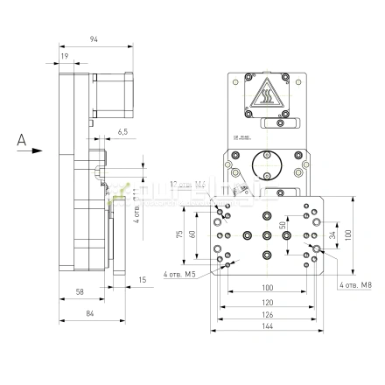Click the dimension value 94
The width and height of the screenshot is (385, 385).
(x=93, y=38)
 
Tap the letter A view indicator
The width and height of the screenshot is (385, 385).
(x=19, y=138)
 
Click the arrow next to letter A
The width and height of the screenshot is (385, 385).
(x=35, y=150)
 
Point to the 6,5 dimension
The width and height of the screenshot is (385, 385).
(x=122, y=131)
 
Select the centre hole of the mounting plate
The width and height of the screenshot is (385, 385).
(x=267, y=234)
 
